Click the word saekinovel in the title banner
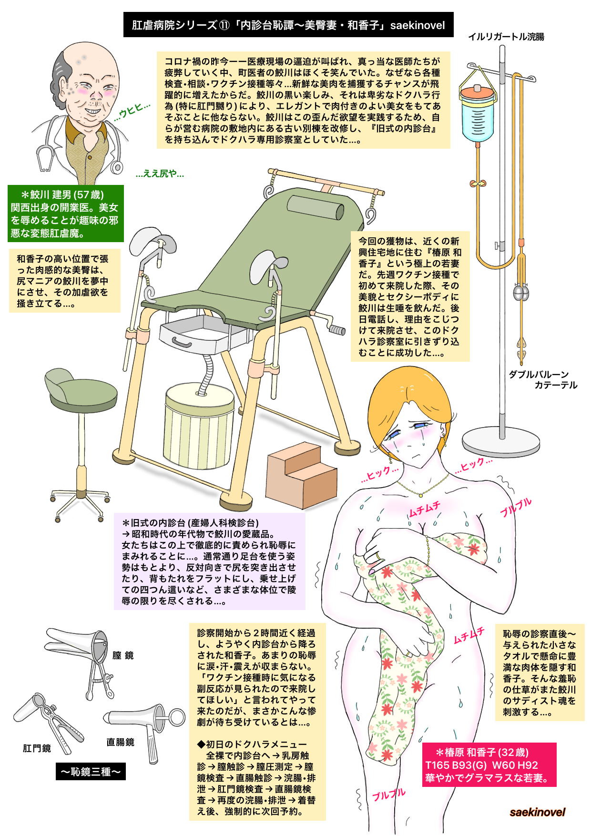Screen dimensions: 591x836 pyautogui.click(x=418, y=25)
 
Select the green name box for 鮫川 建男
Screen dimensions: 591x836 pyautogui.click(x=66, y=214)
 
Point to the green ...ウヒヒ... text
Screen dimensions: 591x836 pyautogui.click(x=132, y=112)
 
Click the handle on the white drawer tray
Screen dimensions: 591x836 pyautogui.click(x=182, y=341)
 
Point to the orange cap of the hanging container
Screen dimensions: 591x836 pyautogui.click(x=477, y=91)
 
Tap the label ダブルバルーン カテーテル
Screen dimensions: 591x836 pyautogui.click(x=543, y=380)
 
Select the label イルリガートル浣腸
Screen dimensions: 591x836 pyautogui.click(x=506, y=37)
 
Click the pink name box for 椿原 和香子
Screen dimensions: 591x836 pyautogui.click(x=489, y=765)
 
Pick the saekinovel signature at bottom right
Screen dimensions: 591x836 pyautogui.click(x=537, y=812)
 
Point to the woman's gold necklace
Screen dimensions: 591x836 pyautogui.click(x=422, y=486)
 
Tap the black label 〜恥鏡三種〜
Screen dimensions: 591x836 pyautogui.click(x=91, y=771)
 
